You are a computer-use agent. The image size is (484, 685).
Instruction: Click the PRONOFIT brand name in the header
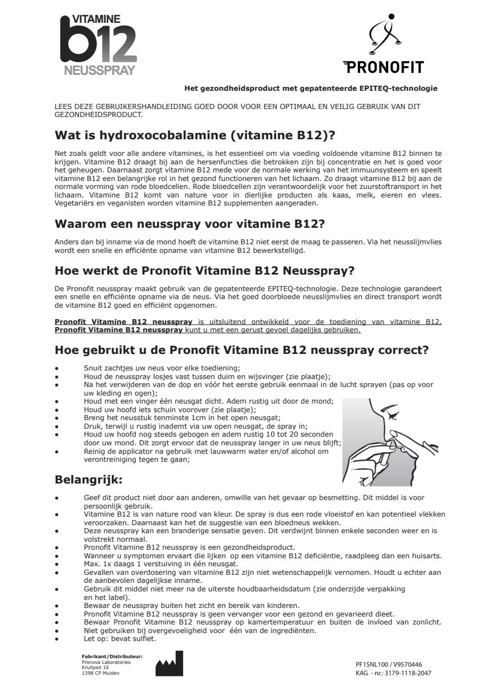point(383,67)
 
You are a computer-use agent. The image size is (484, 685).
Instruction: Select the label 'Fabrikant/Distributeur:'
point(112,656)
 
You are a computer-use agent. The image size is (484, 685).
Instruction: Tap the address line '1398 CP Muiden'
point(101,673)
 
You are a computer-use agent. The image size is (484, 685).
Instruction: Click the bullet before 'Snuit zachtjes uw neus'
point(57,368)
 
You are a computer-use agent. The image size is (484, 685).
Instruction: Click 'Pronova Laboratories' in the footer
point(106,662)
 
